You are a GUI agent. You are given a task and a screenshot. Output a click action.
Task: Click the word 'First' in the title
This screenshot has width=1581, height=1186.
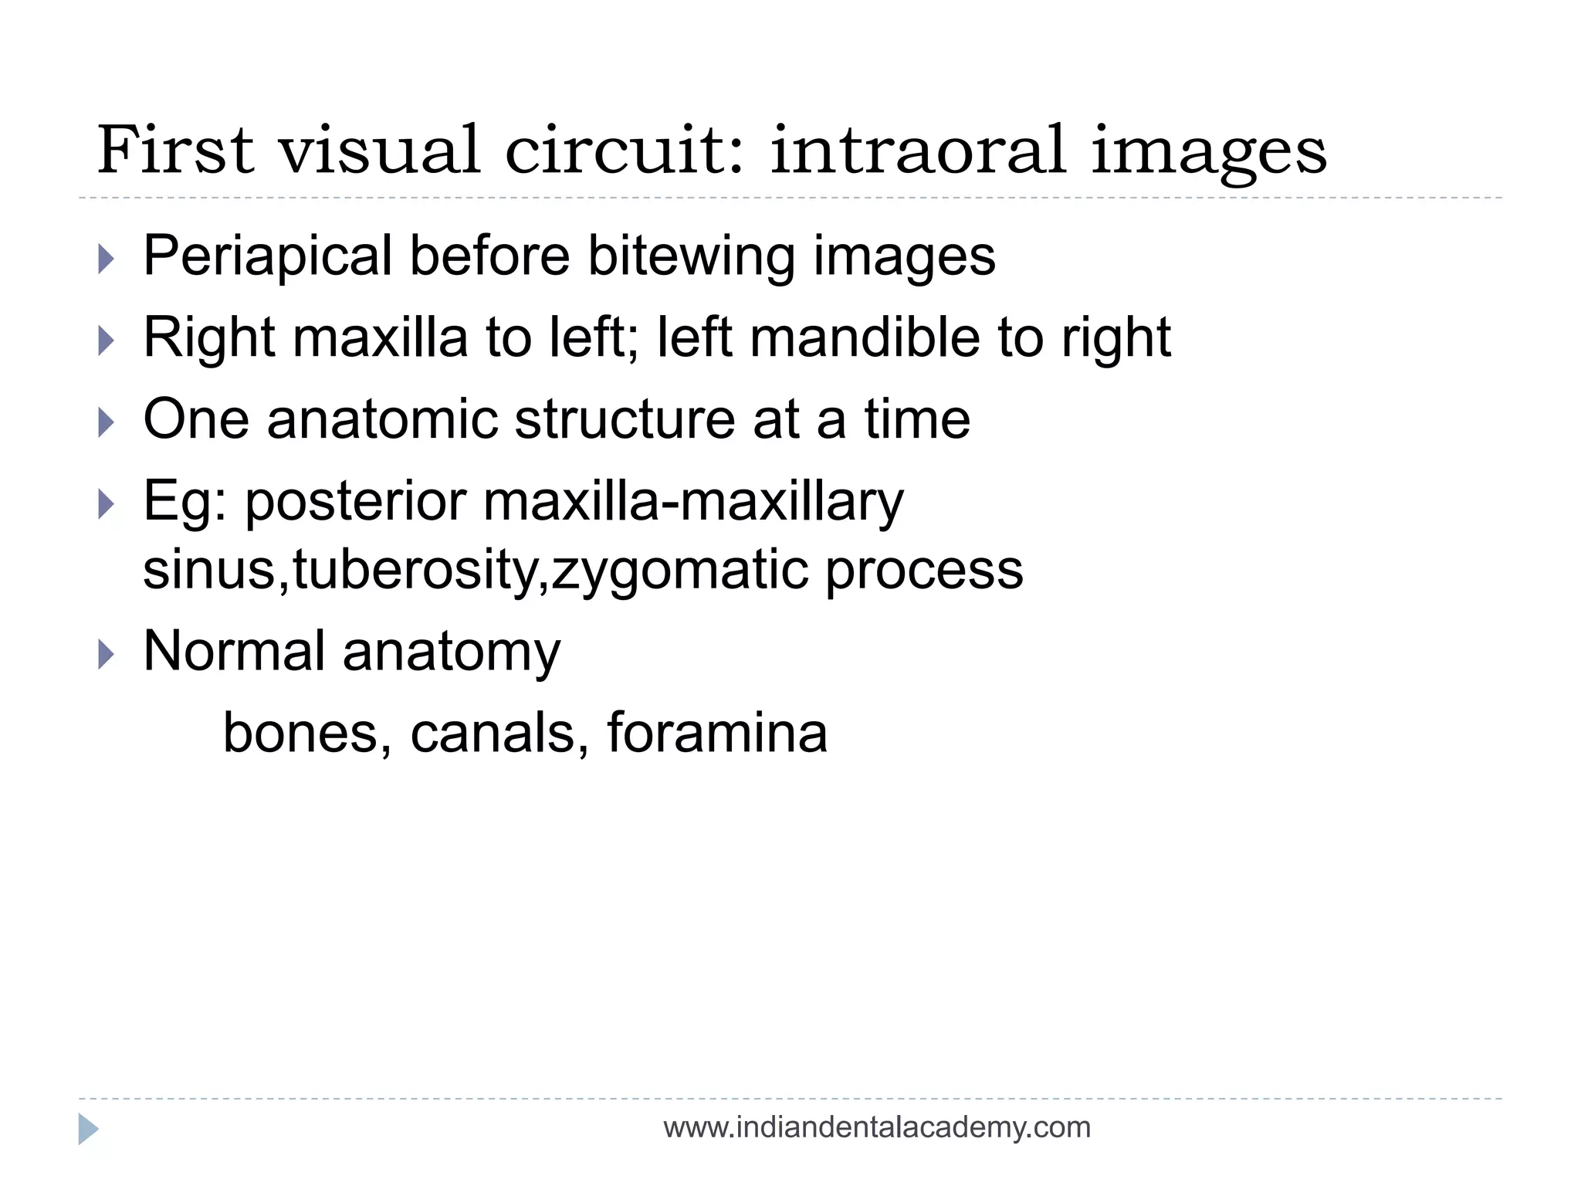[175, 150]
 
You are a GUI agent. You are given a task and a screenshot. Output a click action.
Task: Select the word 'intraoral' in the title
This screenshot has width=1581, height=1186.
[918, 150]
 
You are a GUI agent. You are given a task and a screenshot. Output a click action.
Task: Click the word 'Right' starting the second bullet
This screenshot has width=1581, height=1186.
[209, 337]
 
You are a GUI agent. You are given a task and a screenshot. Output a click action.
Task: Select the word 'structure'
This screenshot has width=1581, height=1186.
[624, 419]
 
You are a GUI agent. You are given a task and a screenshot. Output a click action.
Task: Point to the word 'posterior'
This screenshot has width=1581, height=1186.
[356, 503]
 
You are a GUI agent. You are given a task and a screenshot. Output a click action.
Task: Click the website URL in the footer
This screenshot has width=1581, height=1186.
[877, 1128]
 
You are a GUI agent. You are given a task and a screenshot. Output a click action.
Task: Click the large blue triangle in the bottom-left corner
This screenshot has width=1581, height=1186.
[88, 1129]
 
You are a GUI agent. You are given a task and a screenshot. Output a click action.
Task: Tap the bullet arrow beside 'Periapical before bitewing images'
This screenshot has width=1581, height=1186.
[107, 259]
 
